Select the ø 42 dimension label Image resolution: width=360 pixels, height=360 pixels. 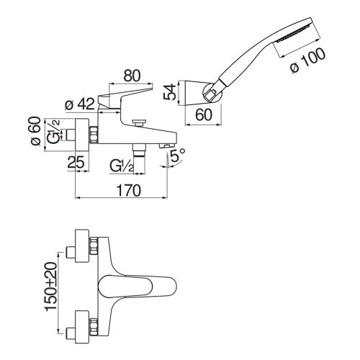coord(80,105)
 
